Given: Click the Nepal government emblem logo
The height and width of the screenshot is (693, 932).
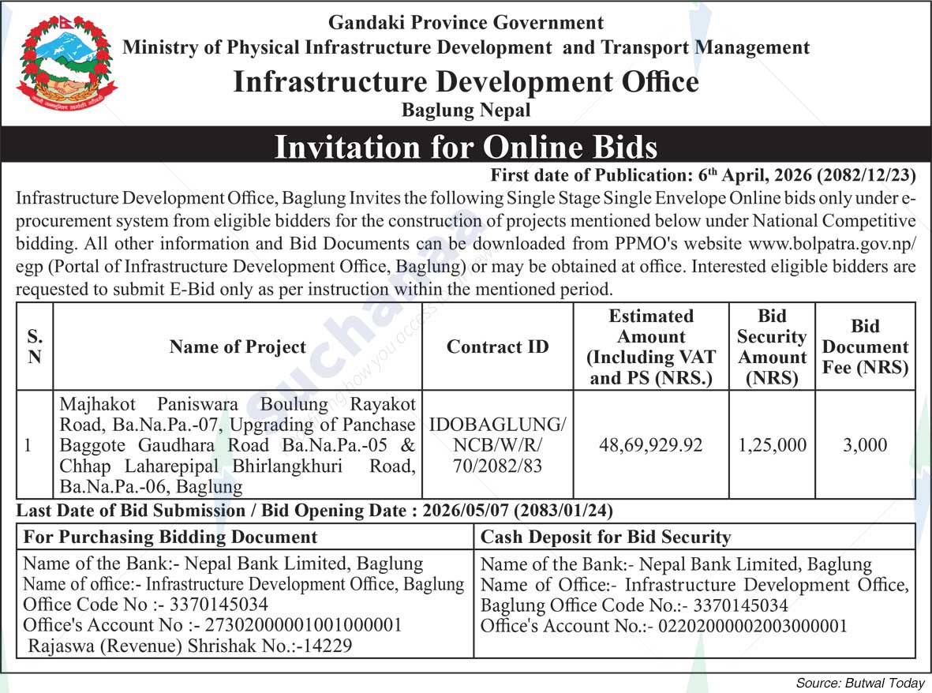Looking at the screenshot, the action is pos(66,65).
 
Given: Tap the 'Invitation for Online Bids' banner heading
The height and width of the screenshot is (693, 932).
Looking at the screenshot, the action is pos(466,148).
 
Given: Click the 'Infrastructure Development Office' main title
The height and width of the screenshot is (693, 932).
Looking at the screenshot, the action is pos(466,82).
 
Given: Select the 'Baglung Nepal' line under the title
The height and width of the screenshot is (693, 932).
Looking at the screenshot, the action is pos(466,111).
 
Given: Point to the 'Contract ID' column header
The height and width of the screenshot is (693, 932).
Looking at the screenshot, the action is pos(497,346).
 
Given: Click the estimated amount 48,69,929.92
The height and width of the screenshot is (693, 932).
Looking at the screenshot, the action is pos(651,445).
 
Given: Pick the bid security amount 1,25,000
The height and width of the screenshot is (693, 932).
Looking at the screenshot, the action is pos(772,445).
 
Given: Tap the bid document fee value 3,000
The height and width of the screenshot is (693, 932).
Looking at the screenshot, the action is pos(864,445).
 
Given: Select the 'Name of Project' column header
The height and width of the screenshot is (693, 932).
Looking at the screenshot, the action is pos(238,346).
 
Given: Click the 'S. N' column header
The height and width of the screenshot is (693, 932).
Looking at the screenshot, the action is pos(35,346).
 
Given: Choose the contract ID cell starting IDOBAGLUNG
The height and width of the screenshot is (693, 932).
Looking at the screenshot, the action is pos(497,445).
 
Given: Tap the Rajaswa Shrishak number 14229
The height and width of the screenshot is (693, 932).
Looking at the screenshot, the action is pos(329,646).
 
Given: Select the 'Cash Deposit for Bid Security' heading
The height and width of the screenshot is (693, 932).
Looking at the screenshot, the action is pos(605,538).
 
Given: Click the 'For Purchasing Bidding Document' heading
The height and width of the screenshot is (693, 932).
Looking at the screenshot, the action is pos(170,538).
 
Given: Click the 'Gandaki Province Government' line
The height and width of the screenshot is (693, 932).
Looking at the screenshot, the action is pos(466,23).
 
